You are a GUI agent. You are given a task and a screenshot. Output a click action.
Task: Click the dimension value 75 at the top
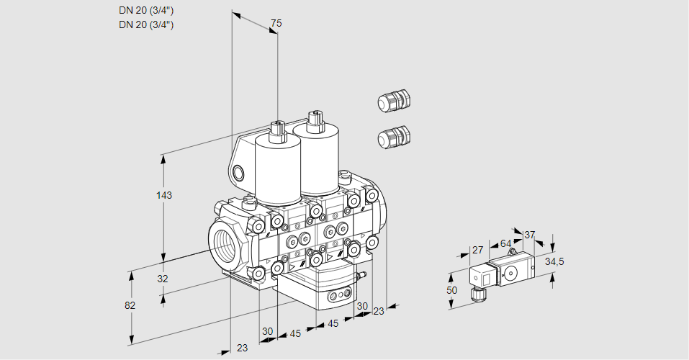pos(275,24)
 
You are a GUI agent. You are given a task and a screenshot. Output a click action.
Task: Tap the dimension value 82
pos(130,305)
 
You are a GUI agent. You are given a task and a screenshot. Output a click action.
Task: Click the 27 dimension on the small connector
pos(477,251)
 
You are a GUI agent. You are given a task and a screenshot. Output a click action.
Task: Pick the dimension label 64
pos(505,243)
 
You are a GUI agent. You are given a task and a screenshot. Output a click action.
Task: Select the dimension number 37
pos(530,235)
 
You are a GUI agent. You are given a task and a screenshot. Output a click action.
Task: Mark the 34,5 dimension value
pos(554,261)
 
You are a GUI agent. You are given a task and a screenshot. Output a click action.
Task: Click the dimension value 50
pos(451,290)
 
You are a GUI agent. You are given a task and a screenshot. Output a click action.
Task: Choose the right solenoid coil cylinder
pos(317,158)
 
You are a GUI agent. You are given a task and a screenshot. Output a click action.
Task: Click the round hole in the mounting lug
pos(239,172)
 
